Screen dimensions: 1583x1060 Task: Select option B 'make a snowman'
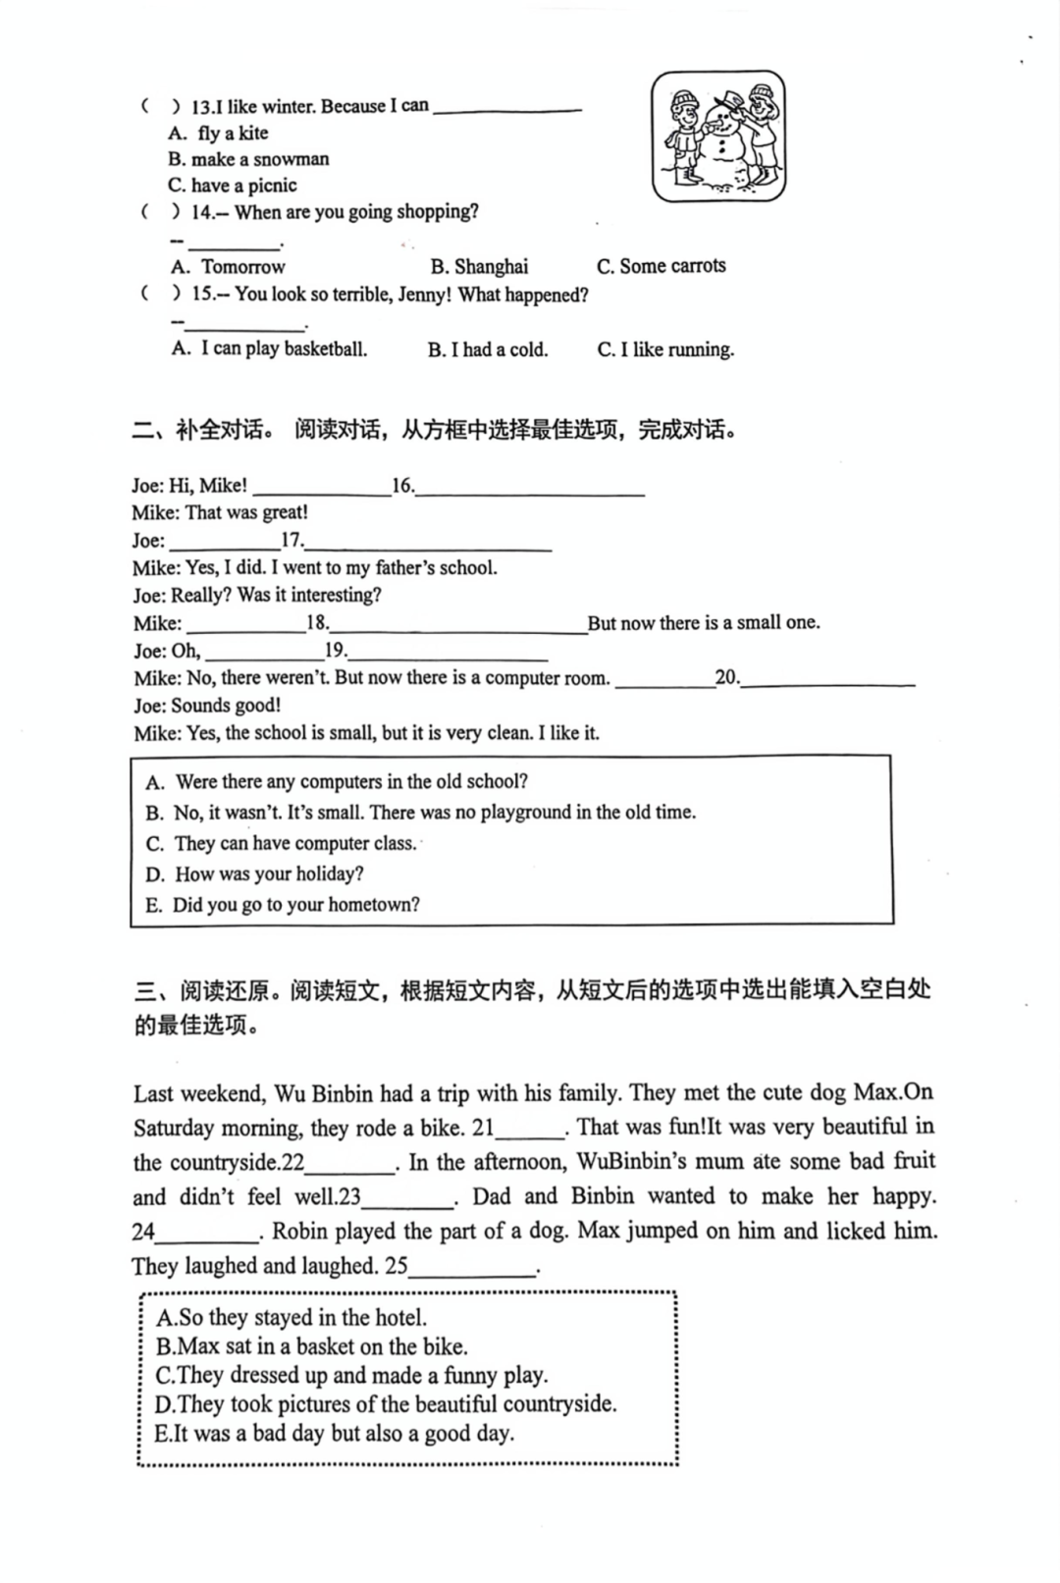click(248, 159)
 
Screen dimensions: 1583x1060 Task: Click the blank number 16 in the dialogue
click(402, 485)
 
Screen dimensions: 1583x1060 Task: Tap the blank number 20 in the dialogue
click(726, 676)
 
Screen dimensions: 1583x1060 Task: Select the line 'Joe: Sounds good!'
click(207, 705)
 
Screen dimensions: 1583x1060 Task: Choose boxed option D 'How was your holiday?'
click(255, 873)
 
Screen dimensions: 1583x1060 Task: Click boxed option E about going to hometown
click(283, 904)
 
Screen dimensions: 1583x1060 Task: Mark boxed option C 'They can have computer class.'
click(282, 843)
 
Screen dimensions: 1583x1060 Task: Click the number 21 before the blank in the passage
click(483, 1127)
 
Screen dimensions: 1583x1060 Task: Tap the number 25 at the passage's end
click(396, 1266)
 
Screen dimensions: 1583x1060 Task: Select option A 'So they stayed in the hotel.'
click(291, 1317)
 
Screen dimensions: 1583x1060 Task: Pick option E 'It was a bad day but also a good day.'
click(334, 1433)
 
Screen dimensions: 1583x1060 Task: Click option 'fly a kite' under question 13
click(233, 133)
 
